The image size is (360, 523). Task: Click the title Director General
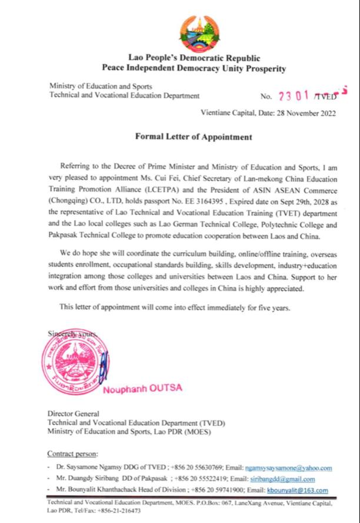[x=74, y=413]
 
